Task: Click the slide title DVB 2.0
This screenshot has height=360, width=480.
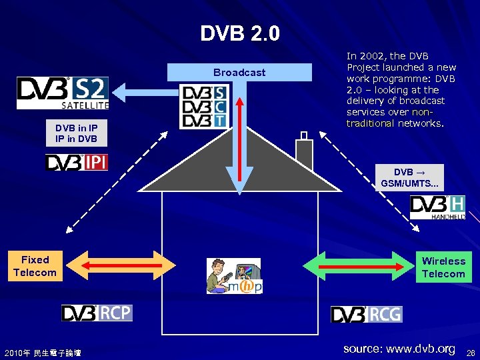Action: pyautogui.click(x=240, y=33)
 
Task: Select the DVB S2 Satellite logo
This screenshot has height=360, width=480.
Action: pyautogui.click(x=63, y=93)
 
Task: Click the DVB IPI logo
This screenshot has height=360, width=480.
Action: pyautogui.click(x=77, y=162)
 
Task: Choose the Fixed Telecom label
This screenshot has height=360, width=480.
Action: pyautogui.click(x=35, y=266)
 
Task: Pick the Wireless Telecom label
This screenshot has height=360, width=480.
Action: pyautogui.click(x=443, y=267)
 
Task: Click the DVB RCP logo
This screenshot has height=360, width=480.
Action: pyautogui.click(x=97, y=313)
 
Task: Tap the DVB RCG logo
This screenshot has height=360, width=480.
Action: pyautogui.click(x=367, y=314)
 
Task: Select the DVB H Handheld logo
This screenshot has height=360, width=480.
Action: pyautogui.click(x=438, y=207)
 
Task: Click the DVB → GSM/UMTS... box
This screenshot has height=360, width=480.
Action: pyautogui.click(x=408, y=177)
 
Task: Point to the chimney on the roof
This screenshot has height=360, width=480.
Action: pyautogui.click(x=304, y=153)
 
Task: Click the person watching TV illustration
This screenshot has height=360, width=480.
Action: pyautogui.click(x=233, y=275)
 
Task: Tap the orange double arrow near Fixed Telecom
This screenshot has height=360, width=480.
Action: pyautogui.click(x=120, y=265)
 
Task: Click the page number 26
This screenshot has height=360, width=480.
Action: pyautogui.click(x=471, y=352)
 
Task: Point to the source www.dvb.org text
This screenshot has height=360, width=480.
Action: pyautogui.click(x=399, y=349)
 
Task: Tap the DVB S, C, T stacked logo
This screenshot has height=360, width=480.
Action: pyautogui.click(x=204, y=107)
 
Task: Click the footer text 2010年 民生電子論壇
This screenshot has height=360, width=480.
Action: pyautogui.click(x=42, y=352)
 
